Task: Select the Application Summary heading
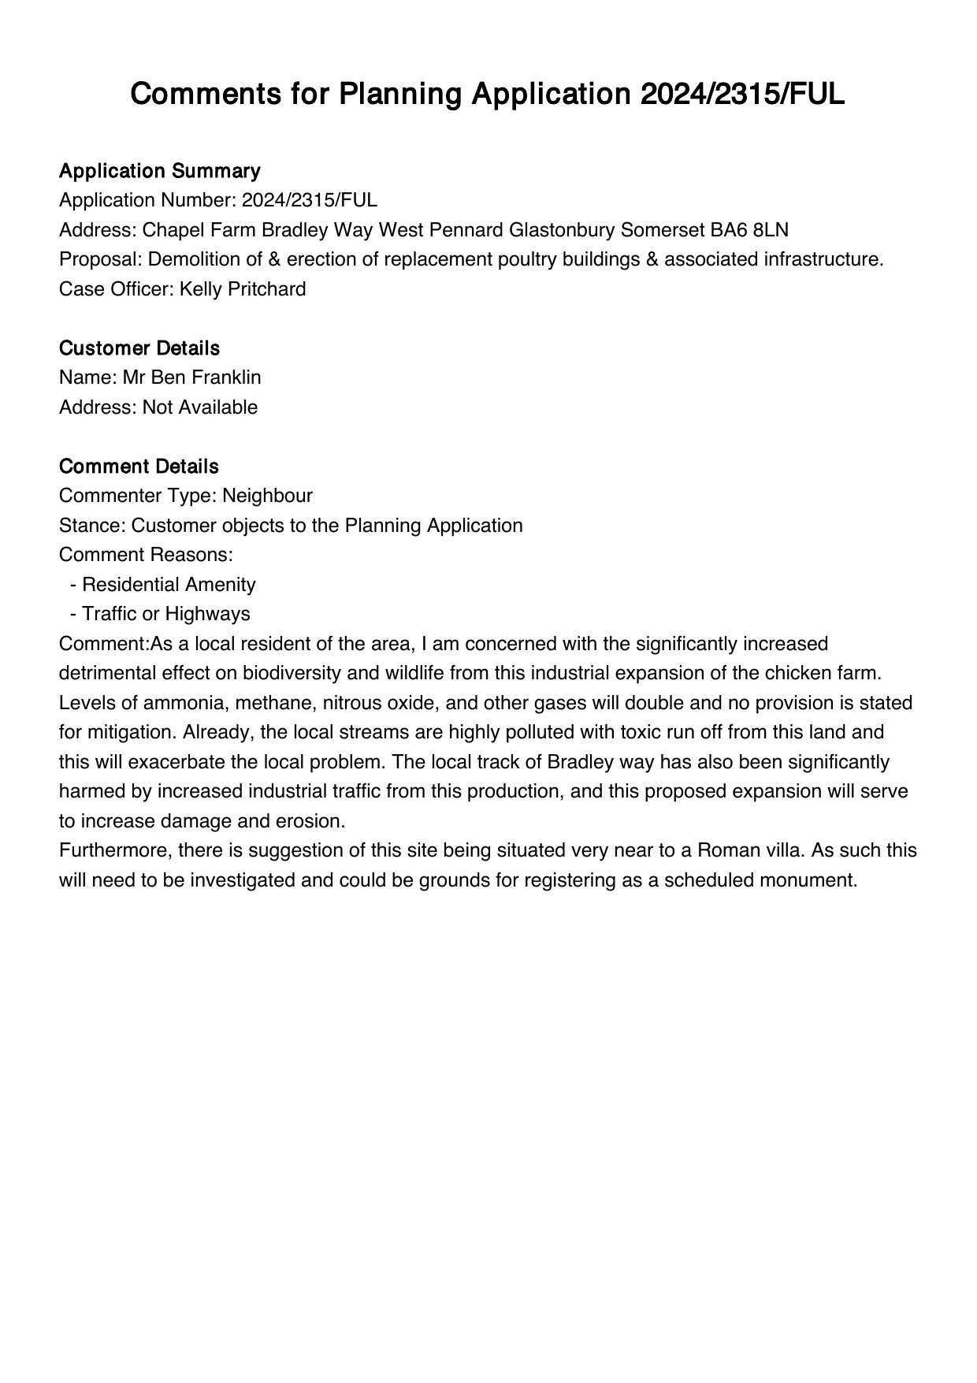click(159, 171)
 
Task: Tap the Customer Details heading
click(139, 348)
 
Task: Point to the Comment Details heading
click(139, 467)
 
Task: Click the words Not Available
click(200, 407)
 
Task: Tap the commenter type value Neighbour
click(267, 496)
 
